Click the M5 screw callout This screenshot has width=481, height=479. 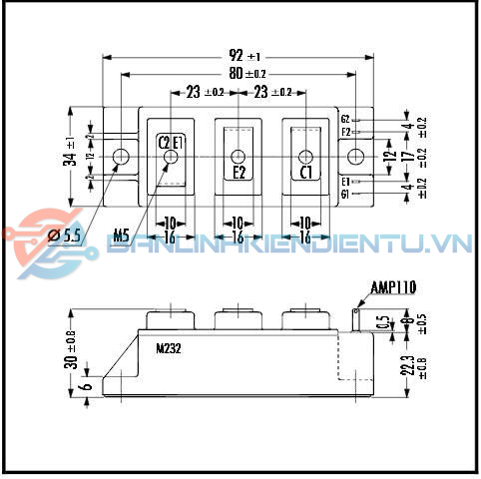121,236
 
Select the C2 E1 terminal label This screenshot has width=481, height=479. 171,142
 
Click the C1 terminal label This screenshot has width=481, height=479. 306,173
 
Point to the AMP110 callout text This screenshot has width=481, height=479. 393,287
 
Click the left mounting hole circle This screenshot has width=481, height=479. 121,156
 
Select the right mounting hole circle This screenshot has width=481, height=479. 356,156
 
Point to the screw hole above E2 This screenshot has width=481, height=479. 239,156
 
